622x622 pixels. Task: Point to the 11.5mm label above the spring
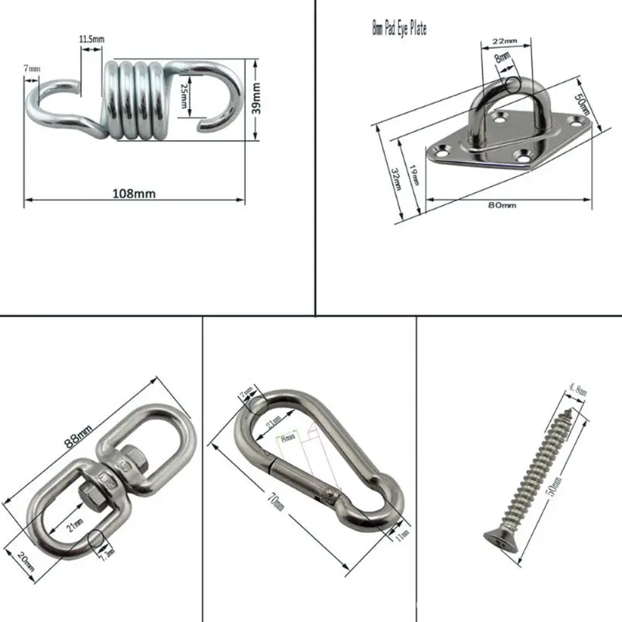(91, 38)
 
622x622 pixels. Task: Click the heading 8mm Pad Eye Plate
(398, 29)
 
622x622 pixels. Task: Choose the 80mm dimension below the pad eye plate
(502, 204)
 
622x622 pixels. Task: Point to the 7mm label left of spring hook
(32, 69)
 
